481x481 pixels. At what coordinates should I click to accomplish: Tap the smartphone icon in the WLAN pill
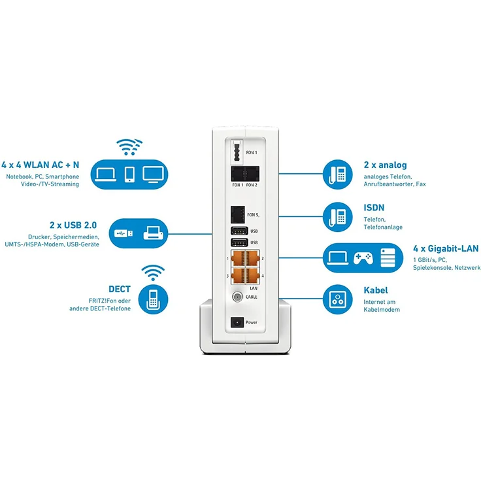pyautogui.click(x=129, y=173)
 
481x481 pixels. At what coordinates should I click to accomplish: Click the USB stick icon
pyautogui.click(x=125, y=233)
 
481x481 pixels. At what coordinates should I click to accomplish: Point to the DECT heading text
pyautogui.click(x=120, y=288)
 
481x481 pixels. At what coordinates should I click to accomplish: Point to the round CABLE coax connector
pyautogui.click(x=237, y=296)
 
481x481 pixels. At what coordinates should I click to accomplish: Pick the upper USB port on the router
pyautogui.click(x=239, y=230)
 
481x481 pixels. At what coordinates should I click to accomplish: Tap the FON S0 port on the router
pyautogui.click(x=237, y=214)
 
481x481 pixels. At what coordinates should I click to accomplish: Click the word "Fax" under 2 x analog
pyautogui.click(x=420, y=184)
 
